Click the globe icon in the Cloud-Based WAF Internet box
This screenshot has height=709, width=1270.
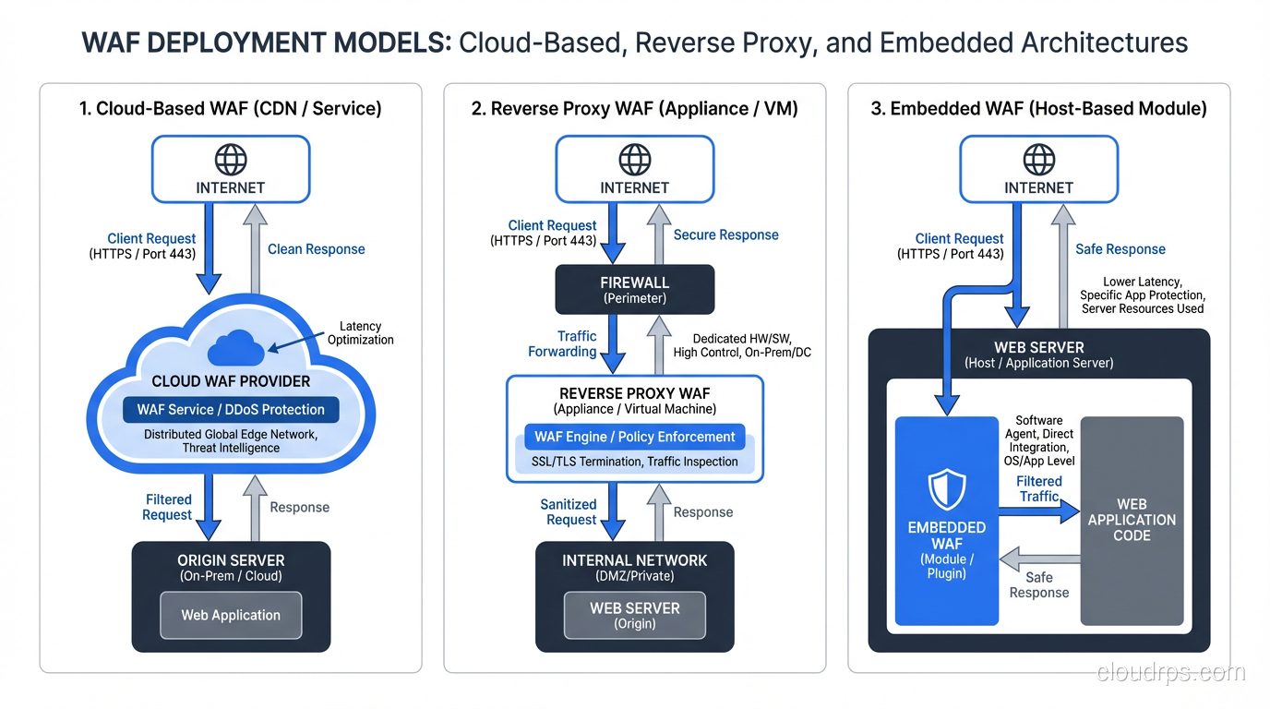[231, 159]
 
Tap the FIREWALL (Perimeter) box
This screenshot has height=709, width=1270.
[634, 289]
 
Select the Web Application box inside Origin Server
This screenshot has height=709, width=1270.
[231, 615]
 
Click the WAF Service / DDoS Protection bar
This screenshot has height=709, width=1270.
[231, 409]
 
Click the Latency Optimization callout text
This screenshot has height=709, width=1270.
[360, 332]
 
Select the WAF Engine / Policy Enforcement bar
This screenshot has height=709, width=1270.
[634, 437]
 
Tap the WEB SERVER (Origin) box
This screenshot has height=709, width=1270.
[634, 615]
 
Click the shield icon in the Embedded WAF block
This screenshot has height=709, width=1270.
[947, 489]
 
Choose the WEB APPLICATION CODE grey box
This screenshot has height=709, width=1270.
[1132, 520]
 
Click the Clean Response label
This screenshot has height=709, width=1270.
[316, 249]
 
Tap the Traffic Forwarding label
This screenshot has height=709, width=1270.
[562, 343]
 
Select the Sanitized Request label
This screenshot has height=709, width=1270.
[569, 511]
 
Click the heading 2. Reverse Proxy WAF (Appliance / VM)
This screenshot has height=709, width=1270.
[634, 109]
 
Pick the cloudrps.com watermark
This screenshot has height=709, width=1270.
[1170, 673]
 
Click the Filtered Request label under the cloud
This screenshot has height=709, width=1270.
[168, 507]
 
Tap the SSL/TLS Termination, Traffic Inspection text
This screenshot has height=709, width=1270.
[634, 462]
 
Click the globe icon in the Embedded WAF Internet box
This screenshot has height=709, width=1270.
[1039, 159]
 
